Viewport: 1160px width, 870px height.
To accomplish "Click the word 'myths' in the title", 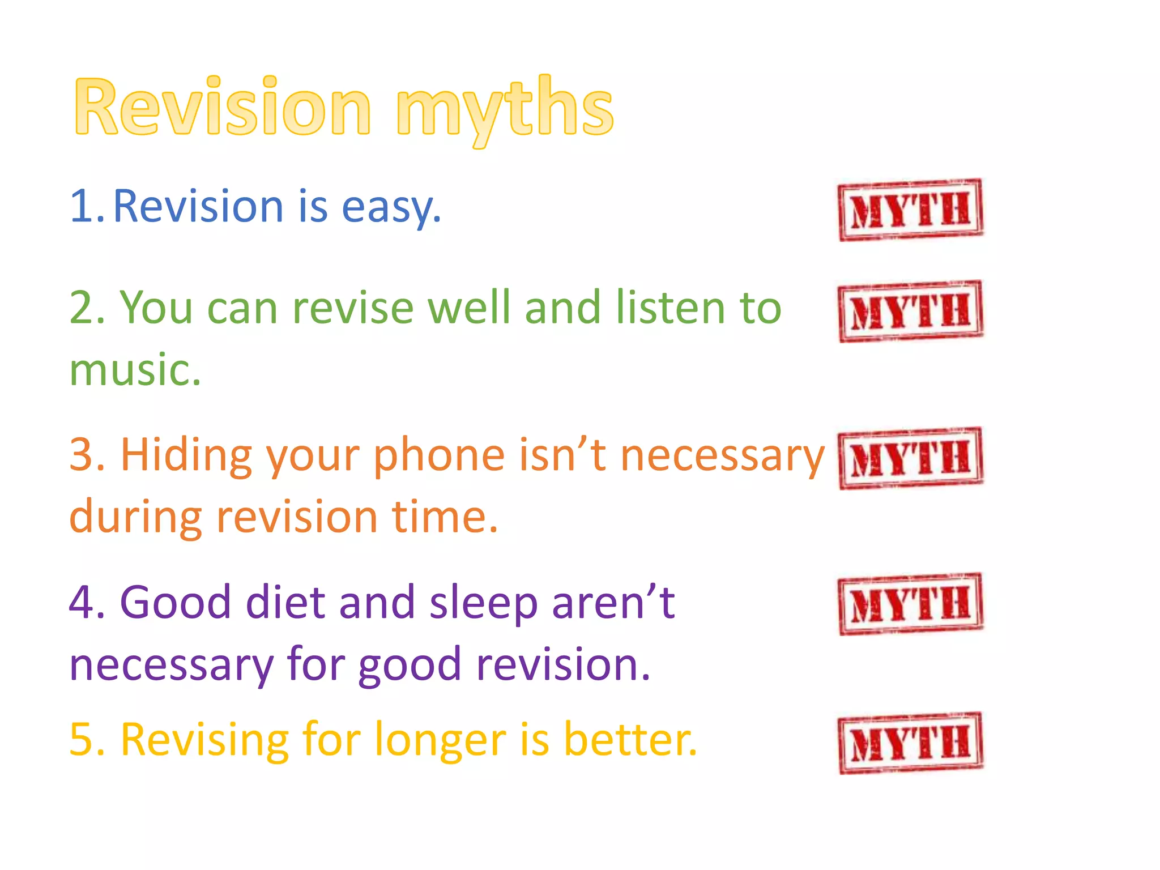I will click(504, 108).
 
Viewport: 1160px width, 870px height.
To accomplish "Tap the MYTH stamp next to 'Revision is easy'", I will click(911, 210).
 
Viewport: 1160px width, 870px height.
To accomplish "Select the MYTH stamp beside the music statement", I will click(911, 312).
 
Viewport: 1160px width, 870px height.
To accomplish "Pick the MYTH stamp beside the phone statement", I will click(911, 458).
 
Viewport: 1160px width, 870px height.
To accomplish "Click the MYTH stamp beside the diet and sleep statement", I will click(911, 604).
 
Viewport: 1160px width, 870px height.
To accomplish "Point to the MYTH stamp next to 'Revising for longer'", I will click(911, 743).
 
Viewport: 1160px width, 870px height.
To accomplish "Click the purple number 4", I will click(85, 602).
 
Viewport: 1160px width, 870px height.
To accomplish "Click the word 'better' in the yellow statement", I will click(629, 740).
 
